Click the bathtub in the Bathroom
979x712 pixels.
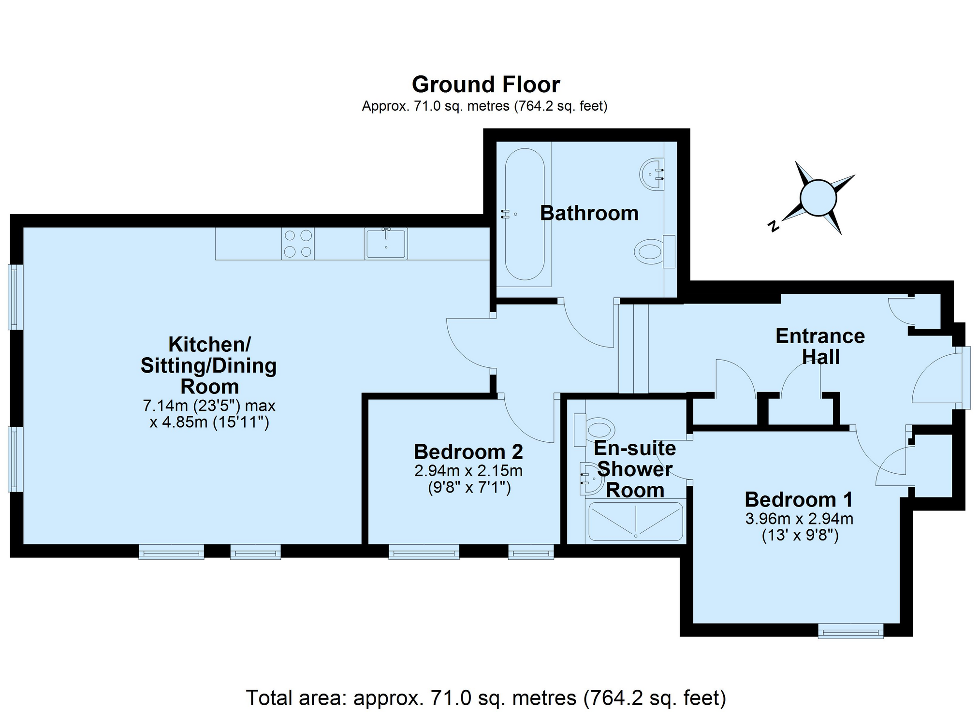click(525, 214)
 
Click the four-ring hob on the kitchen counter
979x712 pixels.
click(298, 244)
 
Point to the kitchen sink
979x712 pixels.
click(386, 243)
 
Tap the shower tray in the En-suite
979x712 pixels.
click(636, 522)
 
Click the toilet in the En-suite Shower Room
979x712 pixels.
click(595, 430)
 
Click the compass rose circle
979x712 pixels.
click(818, 198)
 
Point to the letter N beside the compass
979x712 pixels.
click(774, 226)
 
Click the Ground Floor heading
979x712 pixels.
click(486, 85)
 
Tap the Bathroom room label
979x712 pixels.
click(589, 213)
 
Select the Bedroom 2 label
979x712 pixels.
click(468, 452)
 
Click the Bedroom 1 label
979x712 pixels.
click(799, 499)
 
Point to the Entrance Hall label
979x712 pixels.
click(820, 347)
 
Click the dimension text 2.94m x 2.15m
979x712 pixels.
click(468, 470)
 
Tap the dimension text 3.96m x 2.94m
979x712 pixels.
click(799, 519)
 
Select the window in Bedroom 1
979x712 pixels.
click(850, 631)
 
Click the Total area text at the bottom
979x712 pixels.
click(486, 697)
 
